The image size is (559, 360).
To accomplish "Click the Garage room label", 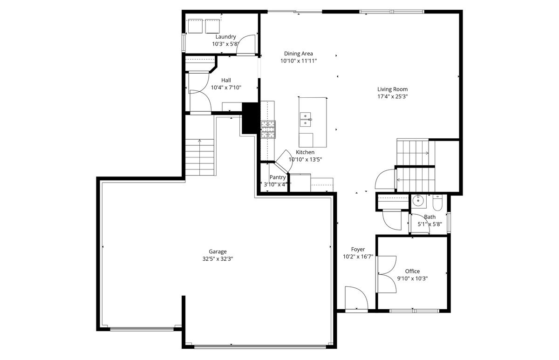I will tap(218, 251).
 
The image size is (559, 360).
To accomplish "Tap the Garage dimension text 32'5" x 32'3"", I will tap(218, 259).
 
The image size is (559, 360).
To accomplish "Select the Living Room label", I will tap(392, 89).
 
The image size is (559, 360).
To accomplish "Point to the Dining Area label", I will tap(298, 54).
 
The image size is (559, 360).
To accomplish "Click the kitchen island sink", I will tap(306, 119).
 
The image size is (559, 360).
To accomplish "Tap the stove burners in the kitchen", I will tap(268, 129).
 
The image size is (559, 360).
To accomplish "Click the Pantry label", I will tap(277, 177).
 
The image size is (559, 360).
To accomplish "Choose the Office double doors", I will tap(387, 274).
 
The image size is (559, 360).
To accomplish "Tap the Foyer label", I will tap(358, 250).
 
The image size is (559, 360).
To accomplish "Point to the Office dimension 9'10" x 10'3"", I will tap(412, 278).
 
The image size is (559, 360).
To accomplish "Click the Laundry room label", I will tap(225, 37).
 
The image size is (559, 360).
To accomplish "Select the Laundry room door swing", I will tap(250, 43).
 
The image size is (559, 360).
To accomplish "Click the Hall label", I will tap(226, 80).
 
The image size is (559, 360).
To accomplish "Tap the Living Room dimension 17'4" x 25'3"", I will tap(392, 97).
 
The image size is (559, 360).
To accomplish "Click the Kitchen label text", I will tap(305, 152).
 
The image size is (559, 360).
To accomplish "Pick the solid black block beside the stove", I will tap(251, 119).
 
